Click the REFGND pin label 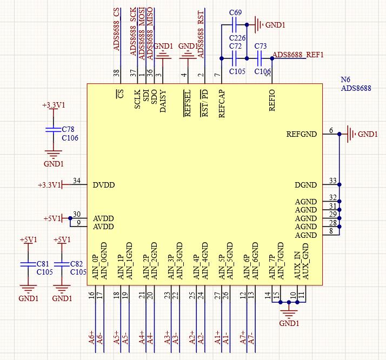tap(301, 135)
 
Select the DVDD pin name tap(104, 185)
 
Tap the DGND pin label tap(306, 185)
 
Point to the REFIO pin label tap(272, 101)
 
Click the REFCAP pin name tap(222, 104)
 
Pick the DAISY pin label tap(163, 102)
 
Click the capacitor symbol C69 tap(235, 25)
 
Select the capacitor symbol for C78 tap(54, 130)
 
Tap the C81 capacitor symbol tap(28, 264)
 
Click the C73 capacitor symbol tap(259, 58)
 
